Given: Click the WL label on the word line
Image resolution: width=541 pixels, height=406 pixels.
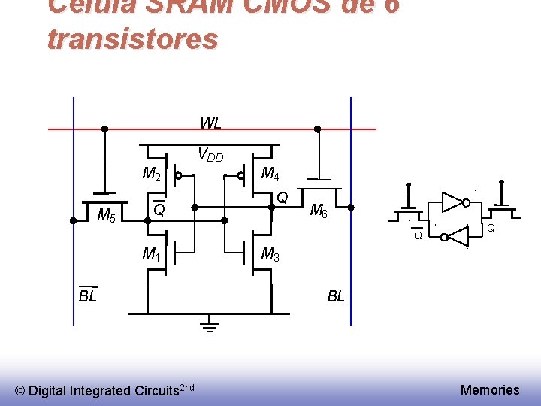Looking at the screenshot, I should click(210, 123).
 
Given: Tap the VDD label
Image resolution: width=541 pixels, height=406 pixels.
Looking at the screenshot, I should click(210, 155).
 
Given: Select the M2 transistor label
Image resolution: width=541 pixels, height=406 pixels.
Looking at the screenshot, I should click(152, 175).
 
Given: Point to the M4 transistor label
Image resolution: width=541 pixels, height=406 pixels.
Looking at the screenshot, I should click(270, 175).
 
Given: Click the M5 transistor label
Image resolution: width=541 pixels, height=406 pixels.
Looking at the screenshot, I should click(107, 216).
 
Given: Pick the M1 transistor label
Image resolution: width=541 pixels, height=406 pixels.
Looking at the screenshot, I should click(152, 254).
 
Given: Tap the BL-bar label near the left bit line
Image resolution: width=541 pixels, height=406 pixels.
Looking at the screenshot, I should click(88, 295).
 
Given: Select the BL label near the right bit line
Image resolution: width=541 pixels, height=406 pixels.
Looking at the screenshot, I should click(336, 296).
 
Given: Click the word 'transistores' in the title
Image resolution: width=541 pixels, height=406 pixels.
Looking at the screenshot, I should click(132, 38).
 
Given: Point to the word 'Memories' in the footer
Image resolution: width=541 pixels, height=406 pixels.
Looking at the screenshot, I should click(490, 389).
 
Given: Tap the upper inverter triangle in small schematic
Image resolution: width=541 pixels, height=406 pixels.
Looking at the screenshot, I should click(452, 201).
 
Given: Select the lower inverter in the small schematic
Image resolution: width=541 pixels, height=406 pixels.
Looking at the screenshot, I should click(455, 237).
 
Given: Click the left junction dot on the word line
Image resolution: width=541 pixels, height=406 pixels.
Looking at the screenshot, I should click(105, 129).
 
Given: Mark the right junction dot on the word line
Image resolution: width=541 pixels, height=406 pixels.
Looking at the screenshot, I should click(317, 129).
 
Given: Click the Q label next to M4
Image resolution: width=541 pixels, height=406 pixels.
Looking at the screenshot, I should click(283, 198).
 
